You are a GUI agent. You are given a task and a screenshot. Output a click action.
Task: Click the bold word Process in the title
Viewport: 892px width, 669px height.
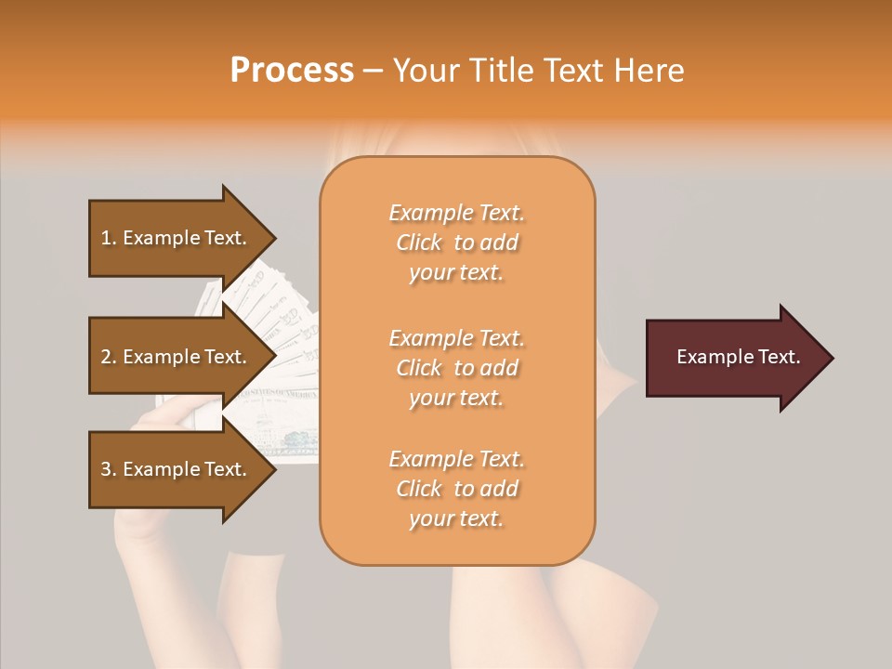pos(292,71)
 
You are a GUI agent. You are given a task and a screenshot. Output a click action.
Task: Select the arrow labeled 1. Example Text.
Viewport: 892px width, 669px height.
pos(177,238)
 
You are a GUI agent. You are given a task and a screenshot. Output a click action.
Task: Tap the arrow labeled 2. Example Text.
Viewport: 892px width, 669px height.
pos(177,357)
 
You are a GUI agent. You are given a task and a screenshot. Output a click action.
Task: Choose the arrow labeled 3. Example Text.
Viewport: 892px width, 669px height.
pos(177,469)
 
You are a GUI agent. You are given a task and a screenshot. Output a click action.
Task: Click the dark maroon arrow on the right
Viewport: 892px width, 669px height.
pos(734,358)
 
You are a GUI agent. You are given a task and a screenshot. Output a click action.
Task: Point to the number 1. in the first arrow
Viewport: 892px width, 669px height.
pos(109,238)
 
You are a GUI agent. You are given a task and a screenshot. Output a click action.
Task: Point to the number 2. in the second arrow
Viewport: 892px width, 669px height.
pos(109,357)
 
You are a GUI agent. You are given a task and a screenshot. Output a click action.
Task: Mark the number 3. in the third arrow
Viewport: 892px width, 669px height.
pos(109,469)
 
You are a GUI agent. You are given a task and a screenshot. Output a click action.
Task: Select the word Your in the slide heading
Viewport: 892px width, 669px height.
pos(426,71)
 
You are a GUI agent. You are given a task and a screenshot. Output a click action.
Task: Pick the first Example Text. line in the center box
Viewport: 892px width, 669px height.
pos(456,213)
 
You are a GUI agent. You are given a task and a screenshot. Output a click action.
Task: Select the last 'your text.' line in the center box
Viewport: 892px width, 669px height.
pos(456,518)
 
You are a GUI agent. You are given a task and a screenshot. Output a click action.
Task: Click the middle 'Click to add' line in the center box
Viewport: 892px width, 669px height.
pos(456,368)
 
